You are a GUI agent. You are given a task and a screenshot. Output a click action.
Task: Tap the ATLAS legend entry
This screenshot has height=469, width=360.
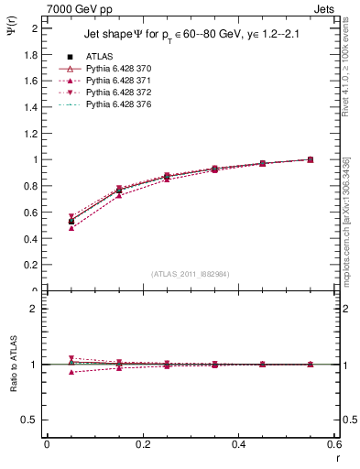[x=98, y=56]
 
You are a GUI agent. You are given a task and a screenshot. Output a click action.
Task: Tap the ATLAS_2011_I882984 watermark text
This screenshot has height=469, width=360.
[x=190, y=274]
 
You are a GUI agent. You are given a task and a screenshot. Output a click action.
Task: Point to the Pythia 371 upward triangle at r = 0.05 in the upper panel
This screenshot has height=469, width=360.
[x=47, y=227]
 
